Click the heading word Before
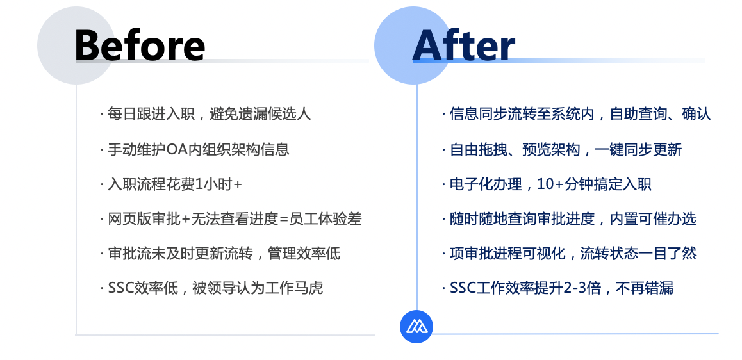pyautogui.click(x=140, y=45)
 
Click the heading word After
pyautogui.click(x=464, y=45)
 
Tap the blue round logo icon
pyautogui.click(x=416, y=327)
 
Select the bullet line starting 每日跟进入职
pyautogui.click(x=206, y=114)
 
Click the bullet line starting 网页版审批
pyautogui.click(x=231, y=218)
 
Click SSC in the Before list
pyautogui.click(x=120, y=288)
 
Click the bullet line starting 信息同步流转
pyautogui.click(x=577, y=114)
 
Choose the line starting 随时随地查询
pyautogui.click(x=569, y=218)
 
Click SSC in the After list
pyautogui.click(x=463, y=288)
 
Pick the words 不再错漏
pyautogui.click(x=645, y=288)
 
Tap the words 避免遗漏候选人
pyautogui.click(x=260, y=114)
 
